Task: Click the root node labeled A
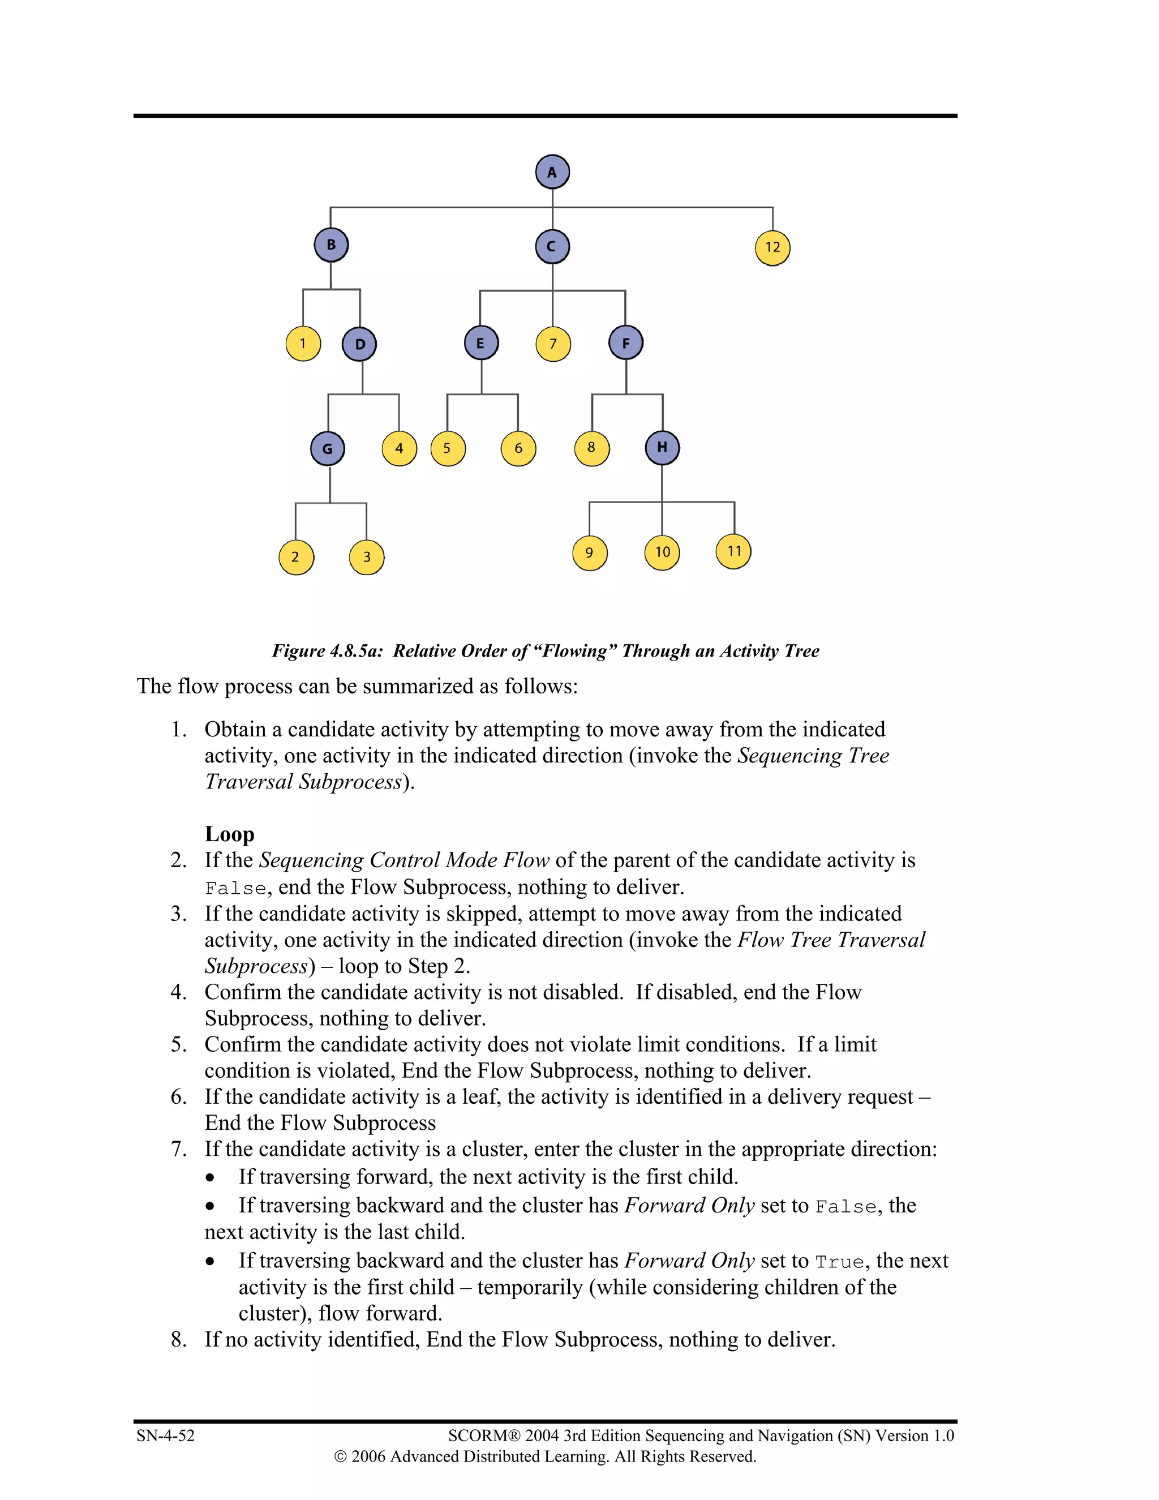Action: click(552, 173)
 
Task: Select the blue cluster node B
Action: click(331, 245)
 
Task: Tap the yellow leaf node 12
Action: click(772, 248)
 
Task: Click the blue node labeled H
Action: click(662, 448)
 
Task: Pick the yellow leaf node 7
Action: click(553, 344)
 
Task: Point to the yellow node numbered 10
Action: click(662, 552)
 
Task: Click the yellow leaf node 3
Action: click(367, 557)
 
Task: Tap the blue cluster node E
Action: click(480, 344)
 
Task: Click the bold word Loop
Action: click(229, 834)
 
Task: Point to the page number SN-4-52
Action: click(165, 1435)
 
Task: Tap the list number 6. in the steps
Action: click(178, 1097)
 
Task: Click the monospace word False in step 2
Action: click(235, 889)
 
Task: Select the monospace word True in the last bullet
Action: click(839, 1262)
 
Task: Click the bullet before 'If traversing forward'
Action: click(210, 1178)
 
